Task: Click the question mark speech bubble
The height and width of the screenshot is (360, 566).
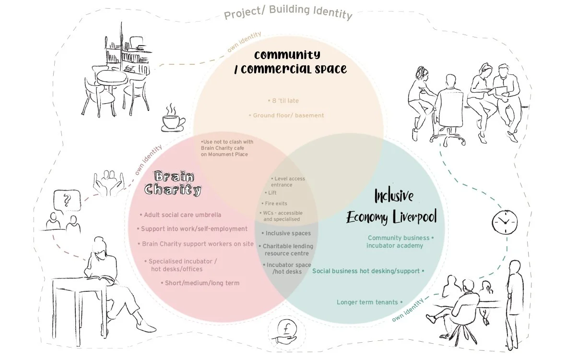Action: (x=65, y=199)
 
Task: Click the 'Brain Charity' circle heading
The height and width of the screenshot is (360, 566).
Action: (x=173, y=182)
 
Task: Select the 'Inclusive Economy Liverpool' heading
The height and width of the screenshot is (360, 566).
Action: (x=391, y=207)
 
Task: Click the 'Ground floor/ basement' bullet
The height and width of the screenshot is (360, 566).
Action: (x=286, y=115)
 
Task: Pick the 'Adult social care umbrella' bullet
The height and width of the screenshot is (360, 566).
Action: (x=180, y=215)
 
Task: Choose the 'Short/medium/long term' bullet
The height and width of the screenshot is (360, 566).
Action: (x=200, y=283)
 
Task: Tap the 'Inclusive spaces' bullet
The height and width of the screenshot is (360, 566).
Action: (x=286, y=233)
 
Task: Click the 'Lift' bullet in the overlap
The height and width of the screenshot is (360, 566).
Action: (x=271, y=192)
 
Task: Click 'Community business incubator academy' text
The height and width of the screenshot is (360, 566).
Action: (x=400, y=241)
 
